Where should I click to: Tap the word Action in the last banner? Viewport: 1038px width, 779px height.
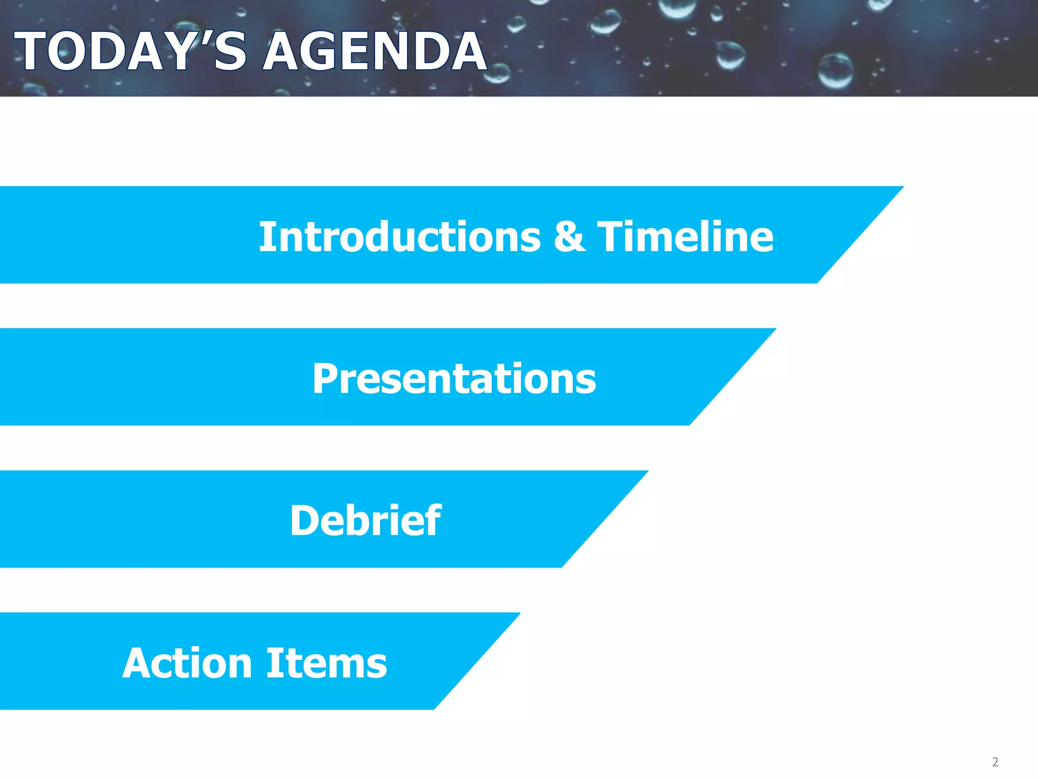click(188, 663)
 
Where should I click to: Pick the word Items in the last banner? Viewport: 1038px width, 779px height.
click(327, 663)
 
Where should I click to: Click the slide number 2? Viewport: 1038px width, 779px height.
click(995, 762)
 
